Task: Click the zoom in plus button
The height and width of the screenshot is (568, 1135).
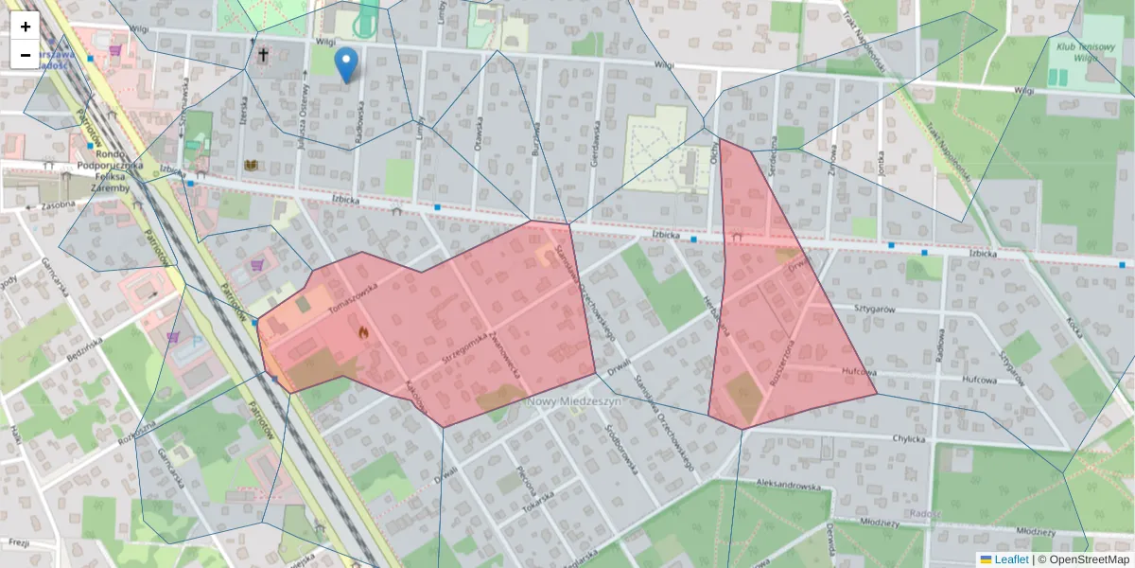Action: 26,27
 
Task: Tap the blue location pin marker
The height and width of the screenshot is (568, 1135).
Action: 347,64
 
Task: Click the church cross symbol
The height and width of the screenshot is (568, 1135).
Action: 262,56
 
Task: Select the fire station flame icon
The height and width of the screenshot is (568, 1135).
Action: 362,332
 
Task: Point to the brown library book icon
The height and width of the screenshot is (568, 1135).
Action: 251,166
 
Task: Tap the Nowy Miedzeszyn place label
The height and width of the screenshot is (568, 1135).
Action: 573,401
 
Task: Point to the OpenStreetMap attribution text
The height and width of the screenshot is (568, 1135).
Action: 1084,559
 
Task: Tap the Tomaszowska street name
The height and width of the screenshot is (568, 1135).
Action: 352,298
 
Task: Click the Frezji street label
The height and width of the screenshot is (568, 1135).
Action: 16,543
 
